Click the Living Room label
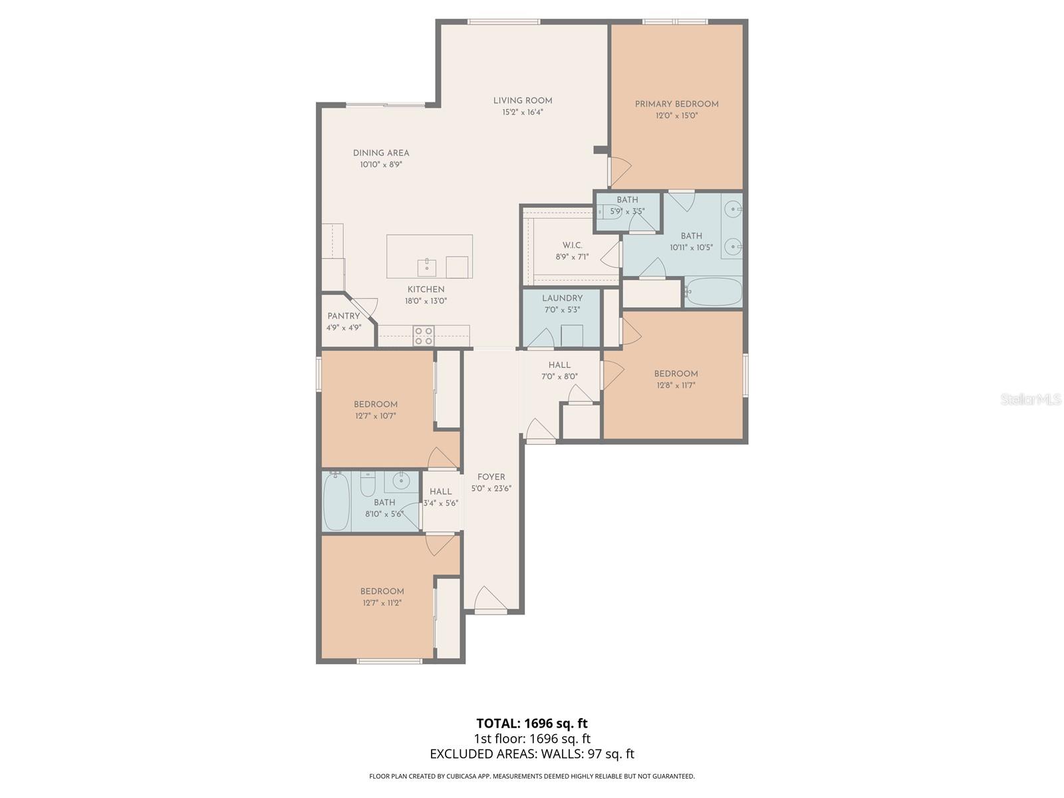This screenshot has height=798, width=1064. pyautogui.click(x=523, y=101)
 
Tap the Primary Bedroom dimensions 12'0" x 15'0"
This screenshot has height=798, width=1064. pyautogui.click(x=677, y=116)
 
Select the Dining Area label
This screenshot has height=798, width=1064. pyautogui.click(x=381, y=153)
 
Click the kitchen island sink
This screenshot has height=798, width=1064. pyautogui.click(x=426, y=267)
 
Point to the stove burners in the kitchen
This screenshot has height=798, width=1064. pyautogui.click(x=424, y=336)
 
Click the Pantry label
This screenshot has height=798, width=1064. pyautogui.click(x=344, y=316)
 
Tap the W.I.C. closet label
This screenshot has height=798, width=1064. pyautogui.click(x=573, y=245)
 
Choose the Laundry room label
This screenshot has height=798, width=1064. pyautogui.click(x=563, y=298)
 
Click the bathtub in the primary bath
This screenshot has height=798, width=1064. pyautogui.click(x=713, y=292)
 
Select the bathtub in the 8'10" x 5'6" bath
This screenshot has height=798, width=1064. pyautogui.click(x=336, y=501)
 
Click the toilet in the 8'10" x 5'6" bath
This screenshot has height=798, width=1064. pyautogui.click(x=368, y=482)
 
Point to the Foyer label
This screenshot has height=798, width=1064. pyautogui.click(x=491, y=477)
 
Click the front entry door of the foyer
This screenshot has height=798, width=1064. pyautogui.click(x=491, y=600)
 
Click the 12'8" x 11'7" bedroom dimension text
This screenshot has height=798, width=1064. pyautogui.click(x=676, y=386)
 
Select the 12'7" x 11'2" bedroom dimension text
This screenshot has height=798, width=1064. pyautogui.click(x=382, y=603)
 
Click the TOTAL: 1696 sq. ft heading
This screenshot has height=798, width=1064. pyautogui.click(x=532, y=724)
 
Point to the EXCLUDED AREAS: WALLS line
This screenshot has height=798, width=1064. pyautogui.click(x=532, y=754)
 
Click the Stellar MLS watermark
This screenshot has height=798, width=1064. pyautogui.click(x=1031, y=400)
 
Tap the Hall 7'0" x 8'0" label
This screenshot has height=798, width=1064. pyautogui.click(x=559, y=370)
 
